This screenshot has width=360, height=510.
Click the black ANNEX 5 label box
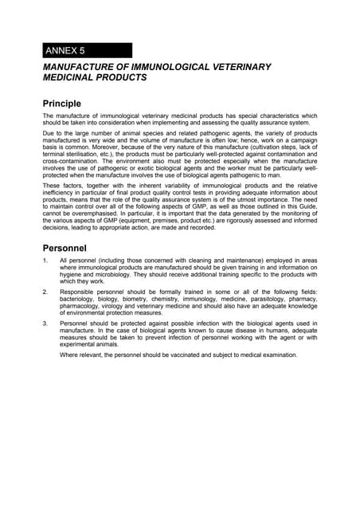click(x=88, y=50)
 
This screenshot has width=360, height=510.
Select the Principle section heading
click(x=72, y=103)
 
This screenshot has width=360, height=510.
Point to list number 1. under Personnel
click(x=46, y=261)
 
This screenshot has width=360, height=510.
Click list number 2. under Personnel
click(x=46, y=292)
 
